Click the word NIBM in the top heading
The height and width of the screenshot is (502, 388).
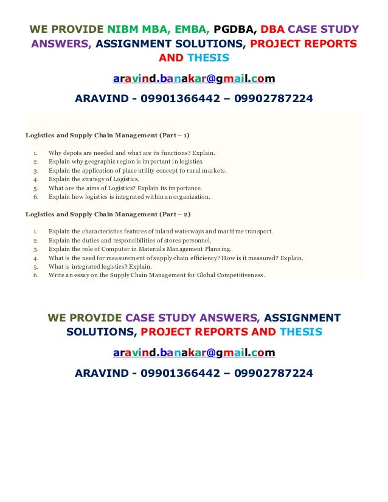(x=125, y=29)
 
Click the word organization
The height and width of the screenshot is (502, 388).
(x=192, y=197)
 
